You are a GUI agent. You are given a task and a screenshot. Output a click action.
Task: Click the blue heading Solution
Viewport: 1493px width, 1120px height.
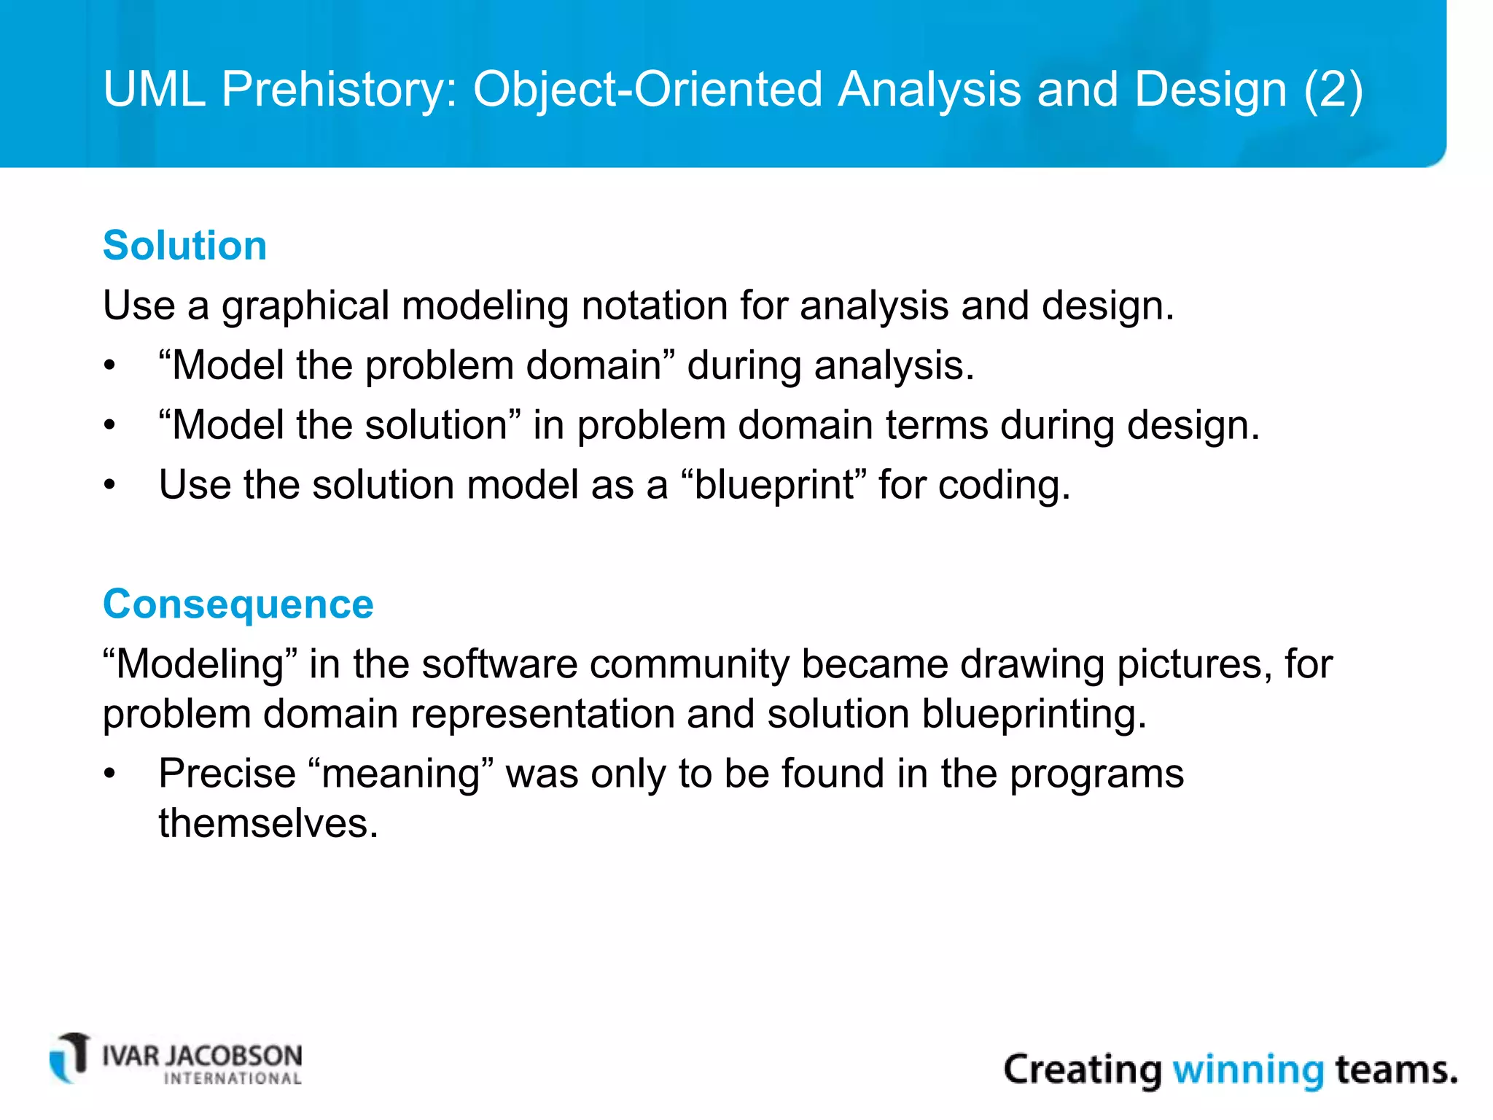[184, 245]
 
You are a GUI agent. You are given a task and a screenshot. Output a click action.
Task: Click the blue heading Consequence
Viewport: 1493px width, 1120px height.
[238, 604]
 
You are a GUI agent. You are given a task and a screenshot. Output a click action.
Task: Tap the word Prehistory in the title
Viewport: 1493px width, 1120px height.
[339, 90]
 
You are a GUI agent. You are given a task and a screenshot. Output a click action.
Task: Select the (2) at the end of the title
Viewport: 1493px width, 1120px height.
[1333, 90]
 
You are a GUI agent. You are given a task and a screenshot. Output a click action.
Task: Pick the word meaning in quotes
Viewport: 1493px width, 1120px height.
[401, 774]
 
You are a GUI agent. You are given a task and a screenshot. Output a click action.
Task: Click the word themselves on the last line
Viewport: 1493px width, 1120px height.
[268, 824]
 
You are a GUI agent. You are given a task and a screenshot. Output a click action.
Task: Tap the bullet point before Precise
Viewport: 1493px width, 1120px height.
[109, 774]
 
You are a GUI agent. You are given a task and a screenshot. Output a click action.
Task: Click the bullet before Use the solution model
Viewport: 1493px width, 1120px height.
[109, 485]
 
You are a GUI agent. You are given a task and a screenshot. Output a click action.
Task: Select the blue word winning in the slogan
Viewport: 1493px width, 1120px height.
[1247, 1070]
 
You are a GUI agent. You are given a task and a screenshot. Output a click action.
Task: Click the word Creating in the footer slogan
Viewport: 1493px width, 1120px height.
[1082, 1070]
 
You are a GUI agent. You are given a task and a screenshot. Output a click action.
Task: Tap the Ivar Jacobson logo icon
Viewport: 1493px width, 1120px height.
[70, 1058]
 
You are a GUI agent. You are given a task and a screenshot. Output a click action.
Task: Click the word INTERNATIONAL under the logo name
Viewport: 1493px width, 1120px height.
[233, 1079]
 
